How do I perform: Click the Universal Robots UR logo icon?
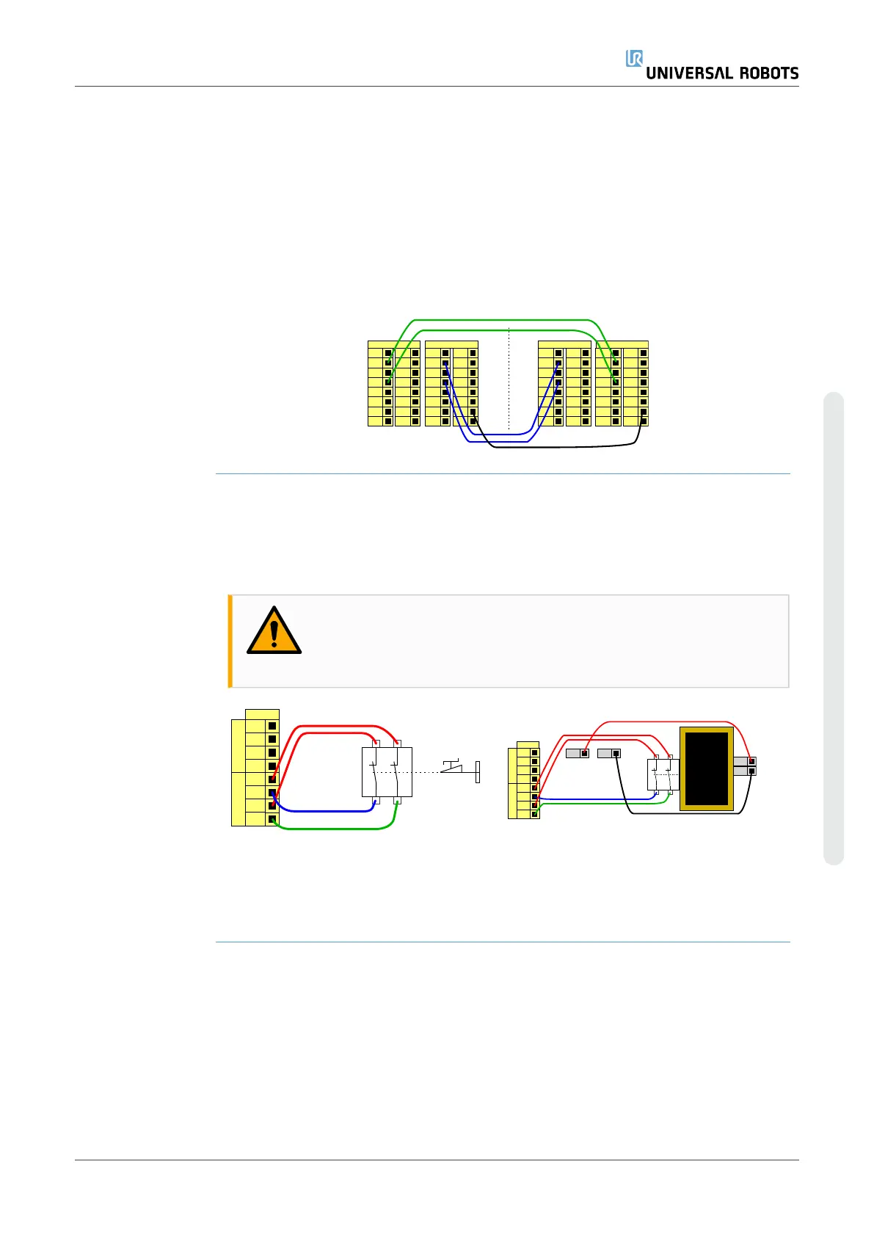[x=634, y=59]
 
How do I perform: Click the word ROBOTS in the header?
[x=759, y=73]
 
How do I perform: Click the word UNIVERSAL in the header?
[x=688, y=73]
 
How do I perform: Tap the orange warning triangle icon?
[x=274, y=632]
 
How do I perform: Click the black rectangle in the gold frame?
[x=706, y=768]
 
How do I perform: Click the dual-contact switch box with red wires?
[x=387, y=771]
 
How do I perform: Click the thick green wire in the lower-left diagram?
[x=330, y=829]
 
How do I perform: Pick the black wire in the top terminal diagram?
[x=565, y=446]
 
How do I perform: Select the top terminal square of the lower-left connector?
[x=272, y=726]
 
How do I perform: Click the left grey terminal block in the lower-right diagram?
[x=577, y=753]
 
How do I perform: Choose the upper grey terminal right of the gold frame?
[x=744, y=762]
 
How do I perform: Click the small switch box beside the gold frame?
[x=663, y=774]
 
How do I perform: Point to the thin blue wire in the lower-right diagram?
[x=594, y=799]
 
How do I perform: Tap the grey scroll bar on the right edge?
[x=834, y=628]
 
